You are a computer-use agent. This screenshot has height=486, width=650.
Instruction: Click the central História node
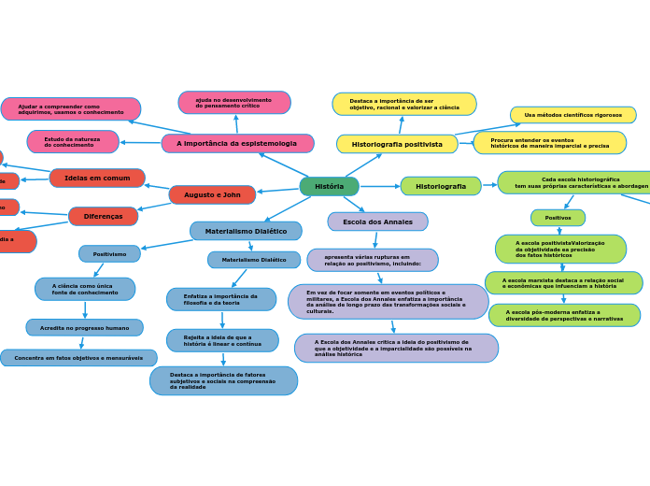(329, 186)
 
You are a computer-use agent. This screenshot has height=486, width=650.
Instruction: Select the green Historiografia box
(441, 186)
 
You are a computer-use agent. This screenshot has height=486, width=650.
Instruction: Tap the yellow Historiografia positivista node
(397, 144)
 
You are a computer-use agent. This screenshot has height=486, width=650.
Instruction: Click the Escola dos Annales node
(377, 222)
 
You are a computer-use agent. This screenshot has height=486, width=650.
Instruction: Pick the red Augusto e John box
(212, 194)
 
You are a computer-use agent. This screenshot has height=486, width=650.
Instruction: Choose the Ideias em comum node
(97, 178)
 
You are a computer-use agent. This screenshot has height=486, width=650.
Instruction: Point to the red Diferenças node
(103, 216)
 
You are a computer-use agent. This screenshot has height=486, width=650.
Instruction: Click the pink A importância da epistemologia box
(237, 143)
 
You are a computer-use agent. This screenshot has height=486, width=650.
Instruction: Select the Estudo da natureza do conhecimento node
(73, 142)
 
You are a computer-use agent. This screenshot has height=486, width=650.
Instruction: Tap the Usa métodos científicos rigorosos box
(572, 115)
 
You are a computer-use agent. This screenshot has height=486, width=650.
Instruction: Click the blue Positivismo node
(109, 253)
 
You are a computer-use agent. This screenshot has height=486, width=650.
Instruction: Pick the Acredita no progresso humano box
(84, 327)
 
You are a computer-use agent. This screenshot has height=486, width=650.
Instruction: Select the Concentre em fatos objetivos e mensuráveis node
(78, 358)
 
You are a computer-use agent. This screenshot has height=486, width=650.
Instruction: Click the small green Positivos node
(558, 218)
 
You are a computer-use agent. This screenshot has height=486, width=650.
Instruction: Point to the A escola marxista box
(563, 282)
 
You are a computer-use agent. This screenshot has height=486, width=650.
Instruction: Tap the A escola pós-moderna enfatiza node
(564, 315)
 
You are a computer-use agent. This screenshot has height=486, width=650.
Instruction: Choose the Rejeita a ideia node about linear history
(222, 340)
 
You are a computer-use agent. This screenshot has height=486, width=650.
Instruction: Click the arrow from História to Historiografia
(379, 186)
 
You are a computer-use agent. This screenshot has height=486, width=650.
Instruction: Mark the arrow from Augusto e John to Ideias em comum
(157, 185)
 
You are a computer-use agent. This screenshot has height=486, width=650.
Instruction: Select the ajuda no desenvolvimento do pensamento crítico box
(234, 102)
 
